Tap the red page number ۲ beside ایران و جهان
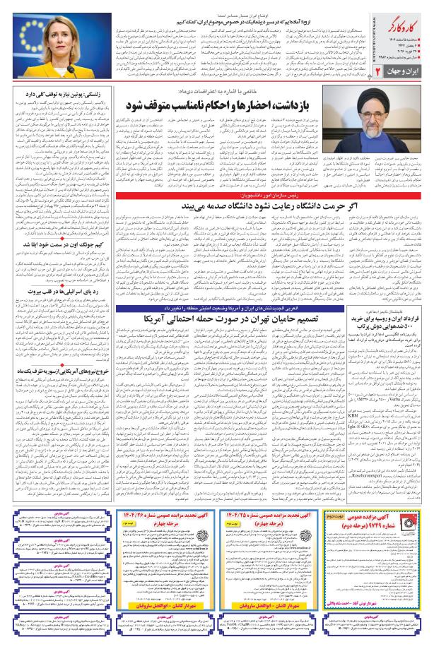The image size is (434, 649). tap(419, 93)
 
